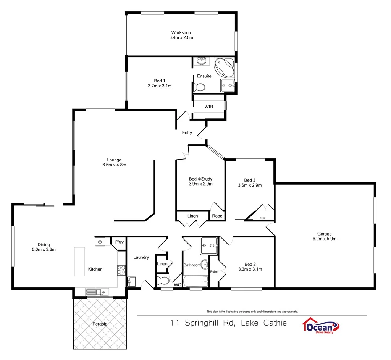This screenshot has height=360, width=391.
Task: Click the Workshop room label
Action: point(181,33)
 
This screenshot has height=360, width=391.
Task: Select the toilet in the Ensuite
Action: point(199,87)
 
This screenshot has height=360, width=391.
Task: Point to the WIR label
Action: point(208,107)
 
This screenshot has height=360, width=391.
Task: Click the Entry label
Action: point(187,133)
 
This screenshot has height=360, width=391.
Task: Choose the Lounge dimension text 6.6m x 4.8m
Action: point(114,165)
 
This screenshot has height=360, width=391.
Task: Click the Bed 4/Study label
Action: point(200,179)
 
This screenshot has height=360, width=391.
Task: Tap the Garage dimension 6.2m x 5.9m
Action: point(324,239)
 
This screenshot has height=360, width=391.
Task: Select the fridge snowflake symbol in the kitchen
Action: point(100,242)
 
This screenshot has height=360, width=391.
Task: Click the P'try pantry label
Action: point(120,242)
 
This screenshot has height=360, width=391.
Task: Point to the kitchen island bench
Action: point(79,262)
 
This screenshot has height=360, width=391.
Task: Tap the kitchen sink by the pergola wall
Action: point(99,292)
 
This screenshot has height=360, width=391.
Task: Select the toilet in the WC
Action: point(163,281)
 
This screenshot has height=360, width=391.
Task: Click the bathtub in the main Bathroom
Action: point(195,283)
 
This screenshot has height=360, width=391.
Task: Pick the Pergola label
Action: point(100,324)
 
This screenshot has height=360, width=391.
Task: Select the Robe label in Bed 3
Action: point(262,218)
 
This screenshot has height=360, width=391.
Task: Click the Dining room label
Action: point(44,245)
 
